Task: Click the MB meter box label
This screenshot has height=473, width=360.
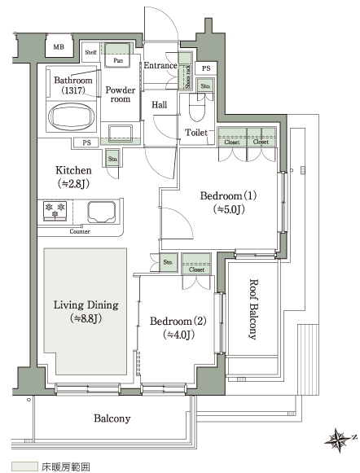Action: coord(59,46)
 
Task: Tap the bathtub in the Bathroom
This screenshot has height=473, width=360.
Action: coord(71,116)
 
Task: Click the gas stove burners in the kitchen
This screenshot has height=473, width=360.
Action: coord(55,210)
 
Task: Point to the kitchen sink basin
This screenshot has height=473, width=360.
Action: coord(102,212)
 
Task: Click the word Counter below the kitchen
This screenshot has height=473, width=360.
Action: coord(80,231)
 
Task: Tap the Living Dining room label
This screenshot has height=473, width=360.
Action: coord(86,311)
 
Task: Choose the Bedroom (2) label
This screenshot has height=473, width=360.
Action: coord(178,327)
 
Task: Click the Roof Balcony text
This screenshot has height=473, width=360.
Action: coord(253,309)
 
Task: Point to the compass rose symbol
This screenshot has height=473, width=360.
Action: coord(339,440)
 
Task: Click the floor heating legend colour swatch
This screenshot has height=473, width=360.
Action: coord(24,466)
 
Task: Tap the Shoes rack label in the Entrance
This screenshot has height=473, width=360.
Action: coord(187,77)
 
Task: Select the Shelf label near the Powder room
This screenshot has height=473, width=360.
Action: coord(90,52)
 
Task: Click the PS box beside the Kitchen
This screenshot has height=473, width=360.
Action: coord(86,142)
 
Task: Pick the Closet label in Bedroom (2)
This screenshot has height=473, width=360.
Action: coord(196,269)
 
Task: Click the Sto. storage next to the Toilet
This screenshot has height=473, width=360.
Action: coord(205,86)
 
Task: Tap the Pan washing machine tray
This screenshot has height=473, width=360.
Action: coord(118,56)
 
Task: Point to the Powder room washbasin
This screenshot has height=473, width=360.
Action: coord(121,133)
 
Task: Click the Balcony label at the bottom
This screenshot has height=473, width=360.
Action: coord(112,418)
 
